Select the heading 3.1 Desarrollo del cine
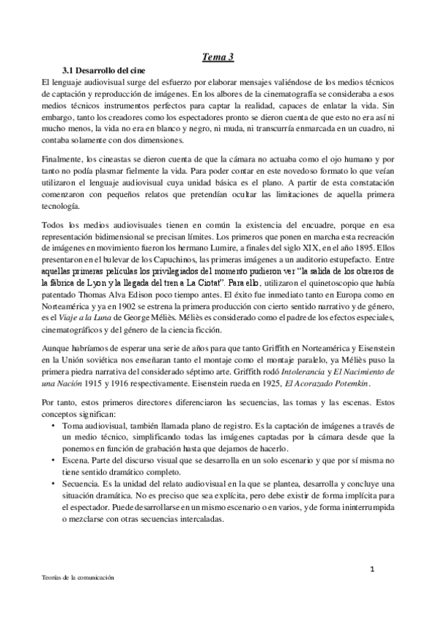pos(105,71)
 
